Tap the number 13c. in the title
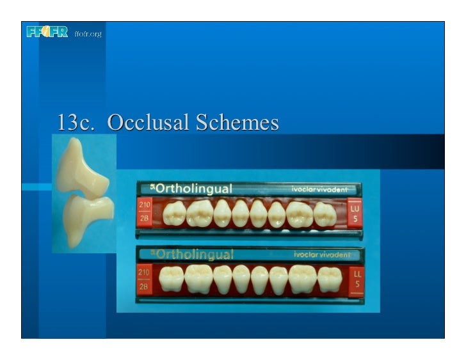(76, 122)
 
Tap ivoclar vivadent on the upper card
(320, 189)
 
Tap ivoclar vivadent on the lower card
(322, 254)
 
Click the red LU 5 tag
(354, 212)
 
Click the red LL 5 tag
(357, 278)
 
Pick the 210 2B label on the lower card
(145, 278)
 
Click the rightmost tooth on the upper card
(325, 214)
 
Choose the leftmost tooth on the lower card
(171, 279)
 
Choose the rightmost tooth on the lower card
(329, 279)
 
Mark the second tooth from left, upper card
(199, 213)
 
